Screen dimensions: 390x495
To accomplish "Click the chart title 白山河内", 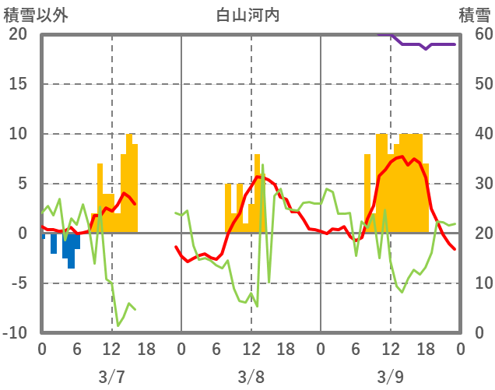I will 247,15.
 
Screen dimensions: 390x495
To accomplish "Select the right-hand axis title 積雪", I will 473,15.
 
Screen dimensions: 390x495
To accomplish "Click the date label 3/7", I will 111,377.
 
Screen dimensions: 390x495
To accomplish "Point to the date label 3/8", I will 251,377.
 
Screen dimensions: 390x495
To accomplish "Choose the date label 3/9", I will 390,377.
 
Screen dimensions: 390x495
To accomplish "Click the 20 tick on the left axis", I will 18,34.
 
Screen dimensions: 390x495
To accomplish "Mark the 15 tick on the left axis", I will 18,84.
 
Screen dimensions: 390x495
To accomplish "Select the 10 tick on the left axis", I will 18,134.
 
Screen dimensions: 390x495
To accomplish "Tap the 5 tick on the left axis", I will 22,184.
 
